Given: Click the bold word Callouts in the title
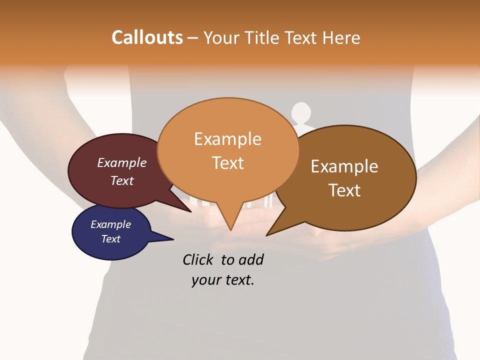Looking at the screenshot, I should point(147,37).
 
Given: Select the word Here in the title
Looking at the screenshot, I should point(341,37).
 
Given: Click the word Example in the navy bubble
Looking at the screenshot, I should point(110,224).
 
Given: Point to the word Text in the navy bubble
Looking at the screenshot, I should point(111,239).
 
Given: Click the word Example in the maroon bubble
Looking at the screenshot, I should point(122,162).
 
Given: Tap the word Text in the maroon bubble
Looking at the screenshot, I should point(122,180).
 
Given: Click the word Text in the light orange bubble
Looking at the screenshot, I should point(228,162).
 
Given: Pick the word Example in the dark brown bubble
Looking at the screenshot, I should point(344,166).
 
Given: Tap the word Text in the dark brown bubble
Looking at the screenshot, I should point(345,190).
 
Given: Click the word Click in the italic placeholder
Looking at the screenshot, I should point(199,259).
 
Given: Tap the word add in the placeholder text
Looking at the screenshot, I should point(251,259).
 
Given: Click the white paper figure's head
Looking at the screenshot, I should point(301,112).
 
